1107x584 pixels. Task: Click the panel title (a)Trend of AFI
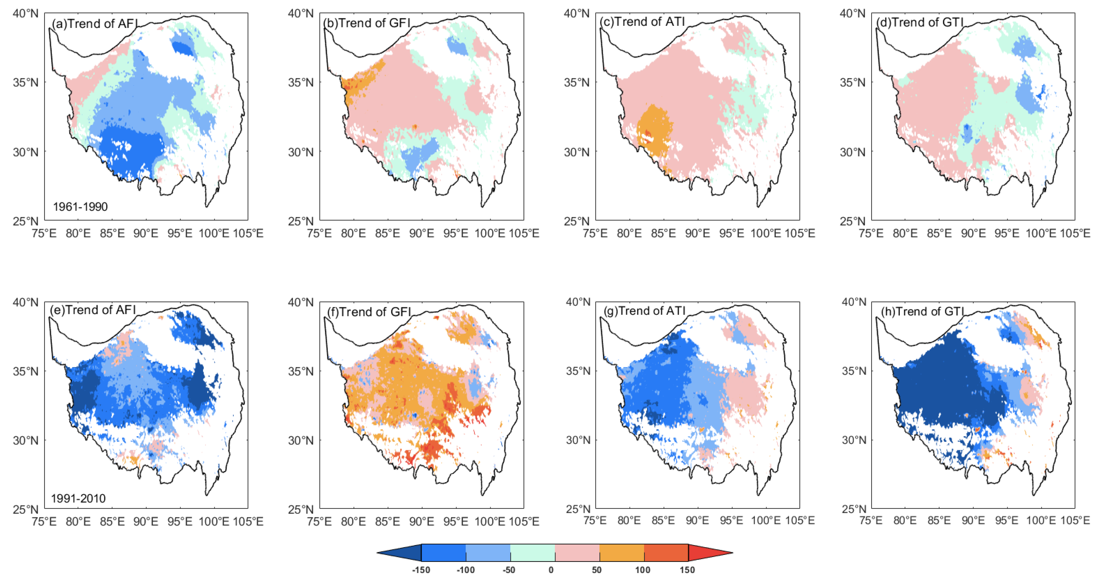95,23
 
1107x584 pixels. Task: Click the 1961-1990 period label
80,207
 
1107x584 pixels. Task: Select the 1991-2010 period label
78,498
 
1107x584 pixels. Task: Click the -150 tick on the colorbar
421,570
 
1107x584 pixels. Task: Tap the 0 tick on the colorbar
551,570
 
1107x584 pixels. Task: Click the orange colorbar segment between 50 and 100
621,553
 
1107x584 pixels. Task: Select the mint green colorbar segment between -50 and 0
533,553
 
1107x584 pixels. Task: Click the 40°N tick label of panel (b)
301,13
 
